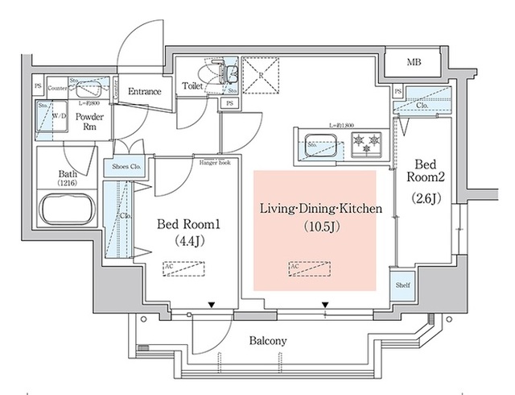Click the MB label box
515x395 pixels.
point(412,62)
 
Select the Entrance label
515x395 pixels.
point(146,92)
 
